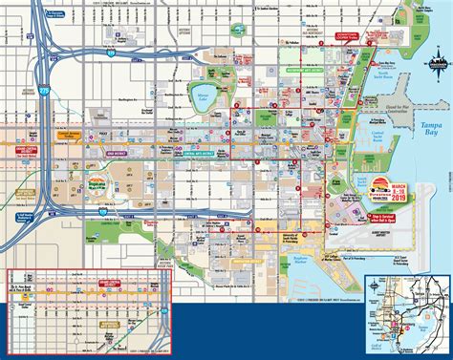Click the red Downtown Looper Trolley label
(x=339, y=35)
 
